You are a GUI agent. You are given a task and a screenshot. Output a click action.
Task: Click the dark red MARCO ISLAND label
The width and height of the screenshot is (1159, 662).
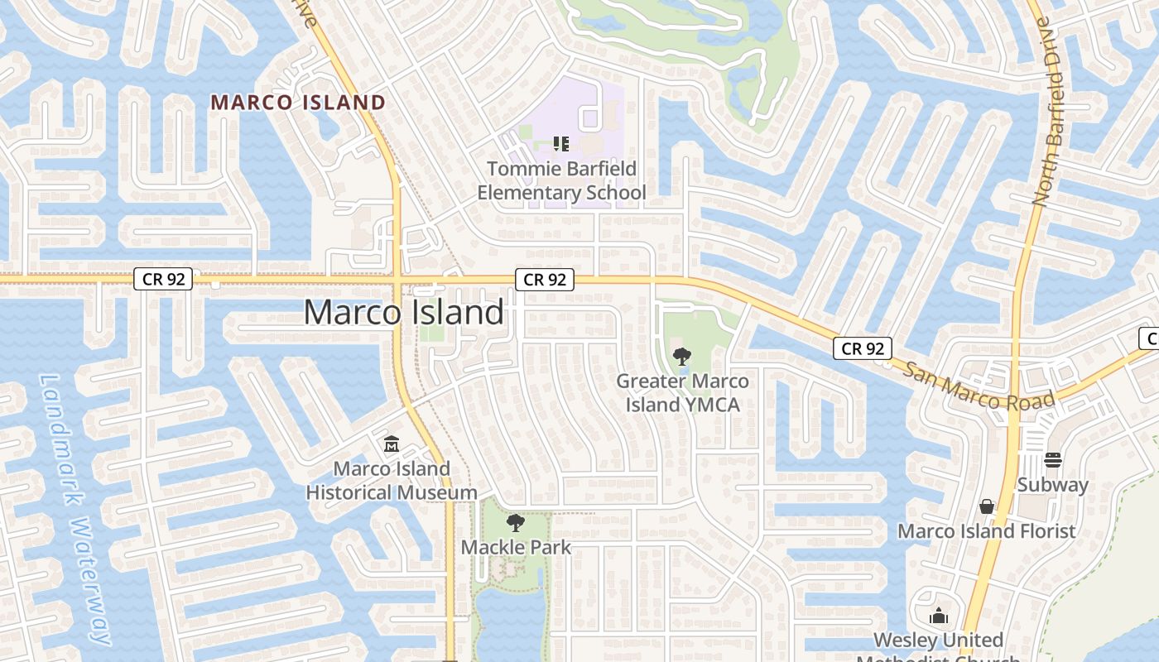(x=298, y=103)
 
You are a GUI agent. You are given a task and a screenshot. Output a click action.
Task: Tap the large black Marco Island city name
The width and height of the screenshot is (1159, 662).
(x=404, y=313)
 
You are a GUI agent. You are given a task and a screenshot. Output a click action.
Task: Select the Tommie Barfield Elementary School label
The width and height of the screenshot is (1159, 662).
(x=561, y=181)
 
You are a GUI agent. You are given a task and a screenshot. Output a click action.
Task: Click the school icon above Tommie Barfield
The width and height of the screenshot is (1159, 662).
(x=561, y=144)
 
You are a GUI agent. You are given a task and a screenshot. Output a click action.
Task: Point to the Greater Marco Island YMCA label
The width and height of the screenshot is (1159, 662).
(x=682, y=393)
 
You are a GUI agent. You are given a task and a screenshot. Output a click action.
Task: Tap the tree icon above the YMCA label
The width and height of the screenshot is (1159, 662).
(x=682, y=357)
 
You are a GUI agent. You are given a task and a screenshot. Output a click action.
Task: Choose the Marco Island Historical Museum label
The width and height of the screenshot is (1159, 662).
(x=392, y=481)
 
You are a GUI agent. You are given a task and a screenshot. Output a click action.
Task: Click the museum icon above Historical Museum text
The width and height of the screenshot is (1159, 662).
(x=391, y=444)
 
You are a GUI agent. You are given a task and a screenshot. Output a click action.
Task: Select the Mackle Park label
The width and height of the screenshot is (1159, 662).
(x=516, y=547)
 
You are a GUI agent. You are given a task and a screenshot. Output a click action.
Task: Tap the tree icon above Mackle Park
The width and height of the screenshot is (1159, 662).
(x=516, y=522)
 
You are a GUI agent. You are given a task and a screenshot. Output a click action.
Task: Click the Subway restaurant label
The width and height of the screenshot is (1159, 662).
(x=1052, y=485)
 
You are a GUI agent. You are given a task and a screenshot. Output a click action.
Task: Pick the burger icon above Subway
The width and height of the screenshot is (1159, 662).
(x=1053, y=459)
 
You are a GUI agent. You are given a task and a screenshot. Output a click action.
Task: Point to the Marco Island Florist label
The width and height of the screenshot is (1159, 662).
(x=987, y=531)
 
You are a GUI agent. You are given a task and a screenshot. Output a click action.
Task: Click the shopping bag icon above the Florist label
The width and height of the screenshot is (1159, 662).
(x=987, y=506)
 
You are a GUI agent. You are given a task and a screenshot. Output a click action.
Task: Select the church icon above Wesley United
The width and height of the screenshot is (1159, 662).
(x=939, y=616)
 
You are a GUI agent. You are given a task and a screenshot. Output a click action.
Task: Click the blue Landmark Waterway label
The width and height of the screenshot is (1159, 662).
(x=76, y=508)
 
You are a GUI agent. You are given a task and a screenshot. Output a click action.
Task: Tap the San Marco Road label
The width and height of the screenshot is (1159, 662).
(x=979, y=386)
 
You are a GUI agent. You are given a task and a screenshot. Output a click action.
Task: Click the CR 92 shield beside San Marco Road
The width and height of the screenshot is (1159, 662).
(x=862, y=348)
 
